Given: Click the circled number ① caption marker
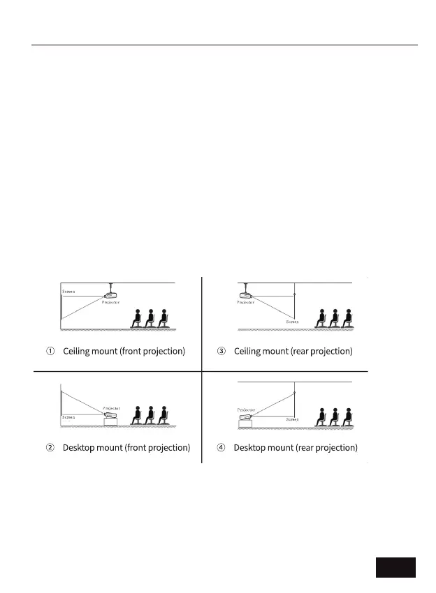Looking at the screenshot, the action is pyautogui.click(x=51, y=351).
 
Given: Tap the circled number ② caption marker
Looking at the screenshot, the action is pyautogui.click(x=51, y=447).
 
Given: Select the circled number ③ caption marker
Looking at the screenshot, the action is pyautogui.click(x=221, y=351).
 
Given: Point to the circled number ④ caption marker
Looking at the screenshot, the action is pyautogui.click(x=221, y=447).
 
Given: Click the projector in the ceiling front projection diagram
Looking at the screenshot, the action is pyautogui.click(x=110, y=296).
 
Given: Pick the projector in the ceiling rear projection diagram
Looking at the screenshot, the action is pyautogui.click(x=246, y=296).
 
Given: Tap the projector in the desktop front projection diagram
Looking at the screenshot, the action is pyautogui.click(x=110, y=419).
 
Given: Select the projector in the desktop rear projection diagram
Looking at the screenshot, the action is pyautogui.click(x=246, y=419).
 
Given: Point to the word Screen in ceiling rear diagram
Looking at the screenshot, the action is pyautogui.click(x=292, y=322).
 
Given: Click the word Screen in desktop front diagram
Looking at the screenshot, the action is pyautogui.click(x=68, y=417).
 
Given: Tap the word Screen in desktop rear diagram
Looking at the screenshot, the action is pyautogui.click(x=293, y=420).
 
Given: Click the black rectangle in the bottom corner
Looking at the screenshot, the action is pyautogui.click(x=395, y=567).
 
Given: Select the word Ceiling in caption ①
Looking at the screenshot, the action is pyautogui.click(x=76, y=351).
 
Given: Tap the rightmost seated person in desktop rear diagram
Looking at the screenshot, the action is pyautogui.click(x=347, y=416).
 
